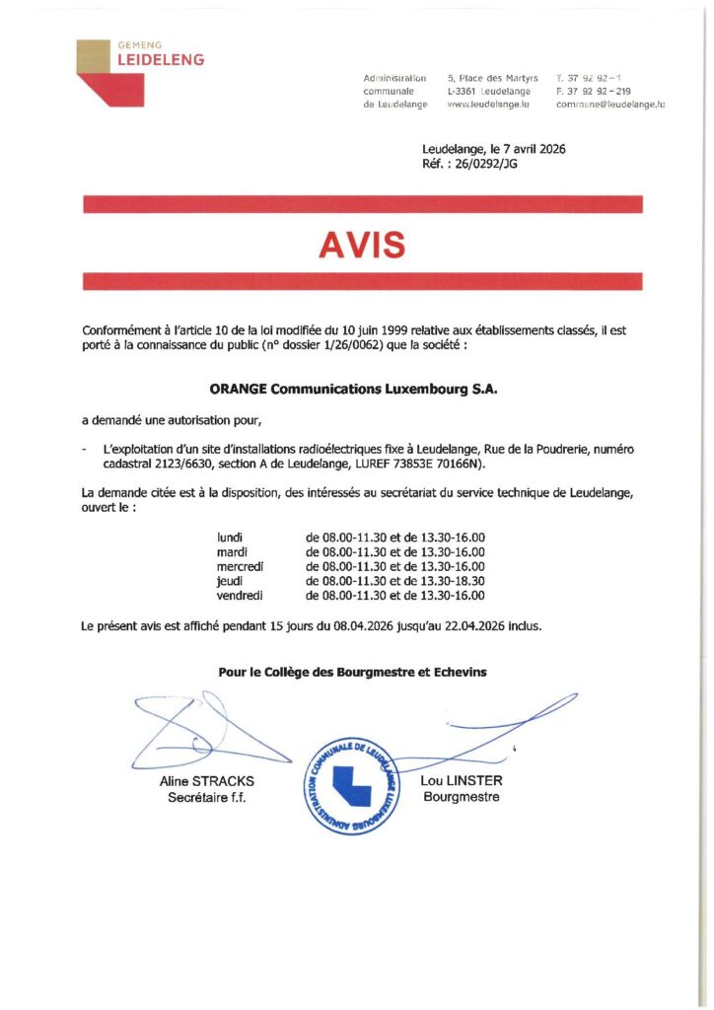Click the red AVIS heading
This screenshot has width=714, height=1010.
(361, 245)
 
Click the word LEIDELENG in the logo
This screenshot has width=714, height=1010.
(161, 60)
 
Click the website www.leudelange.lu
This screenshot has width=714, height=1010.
(490, 104)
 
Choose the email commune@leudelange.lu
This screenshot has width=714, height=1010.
(610, 104)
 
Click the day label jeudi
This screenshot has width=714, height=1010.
(230, 582)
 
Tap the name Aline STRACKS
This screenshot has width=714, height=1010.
(207, 781)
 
